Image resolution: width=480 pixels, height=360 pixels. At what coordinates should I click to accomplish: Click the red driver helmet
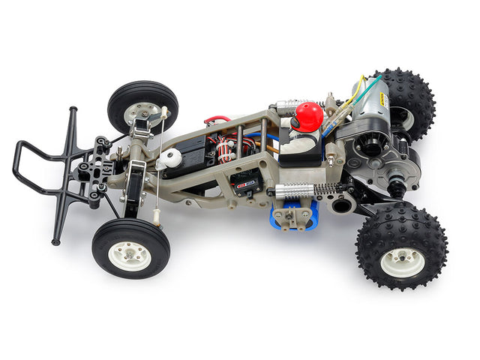click(x=308, y=116)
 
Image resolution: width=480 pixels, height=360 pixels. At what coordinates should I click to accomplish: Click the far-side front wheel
click(x=142, y=106)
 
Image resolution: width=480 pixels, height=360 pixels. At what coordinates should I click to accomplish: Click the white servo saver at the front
click(x=170, y=158)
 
